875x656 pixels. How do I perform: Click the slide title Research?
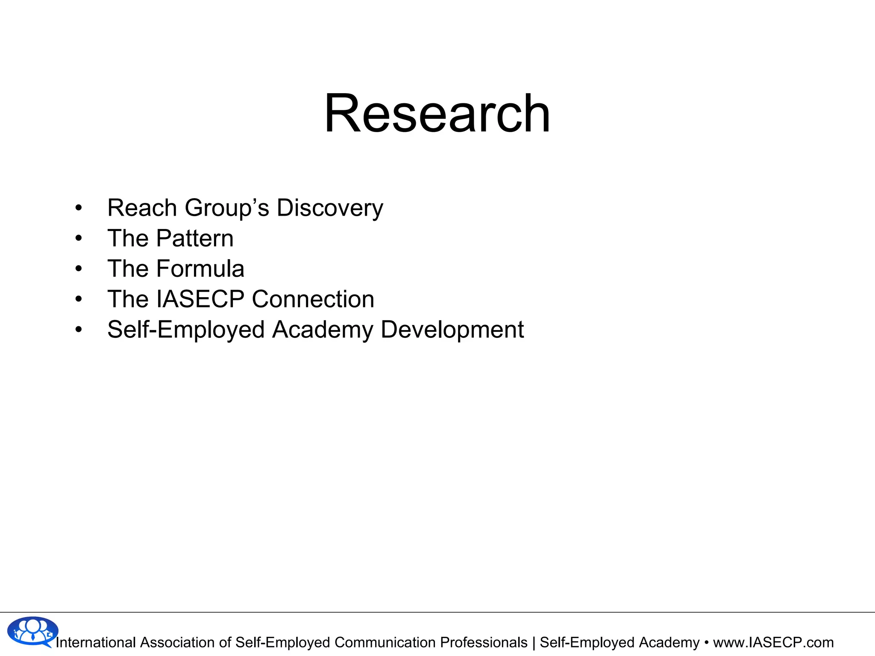point(437,114)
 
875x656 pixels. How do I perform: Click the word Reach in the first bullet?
point(142,208)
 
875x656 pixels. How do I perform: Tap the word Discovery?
point(330,208)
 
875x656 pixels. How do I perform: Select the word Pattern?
point(195,238)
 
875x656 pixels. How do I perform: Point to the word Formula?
point(200,269)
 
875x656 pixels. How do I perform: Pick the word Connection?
point(313,299)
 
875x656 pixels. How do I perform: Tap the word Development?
point(452,330)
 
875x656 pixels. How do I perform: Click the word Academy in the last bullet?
point(323,330)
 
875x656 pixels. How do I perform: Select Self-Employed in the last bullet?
point(186,330)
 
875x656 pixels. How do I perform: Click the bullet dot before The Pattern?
point(78,238)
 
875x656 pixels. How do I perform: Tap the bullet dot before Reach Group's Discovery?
point(78,208)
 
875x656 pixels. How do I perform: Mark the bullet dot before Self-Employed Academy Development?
point(78,330)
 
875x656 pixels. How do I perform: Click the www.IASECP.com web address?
point(773,642)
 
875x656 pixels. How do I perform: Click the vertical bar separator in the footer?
point(534,642)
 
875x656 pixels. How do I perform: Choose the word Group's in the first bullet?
point(227,208)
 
